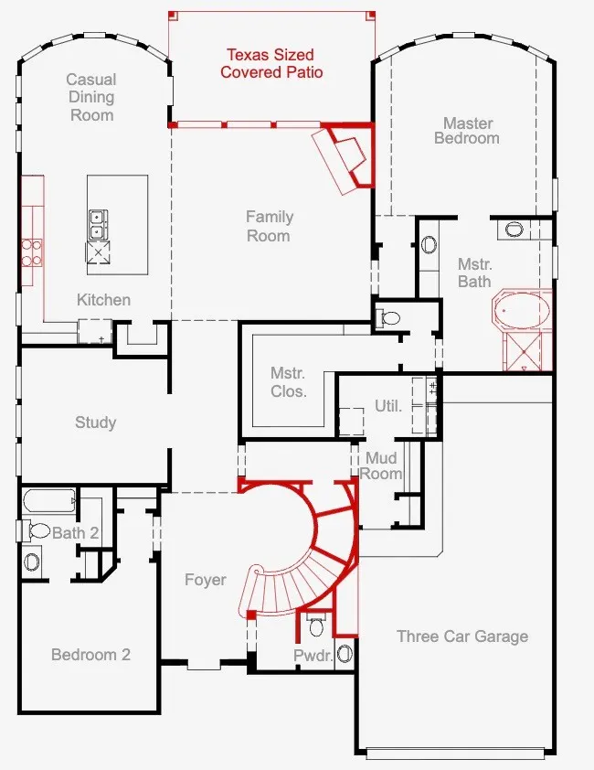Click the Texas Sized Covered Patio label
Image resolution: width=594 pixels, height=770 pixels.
click(271, 63)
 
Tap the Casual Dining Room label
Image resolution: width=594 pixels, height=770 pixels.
click(91, 97)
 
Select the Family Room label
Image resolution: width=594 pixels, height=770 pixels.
click(269, 226)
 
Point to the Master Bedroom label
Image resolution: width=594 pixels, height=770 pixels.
click(466, 131)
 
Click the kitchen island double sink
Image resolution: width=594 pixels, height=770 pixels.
click(98, 224)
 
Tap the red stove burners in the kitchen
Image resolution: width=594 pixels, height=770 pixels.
click(31, 252)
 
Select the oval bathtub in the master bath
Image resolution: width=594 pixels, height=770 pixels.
click(522, 310)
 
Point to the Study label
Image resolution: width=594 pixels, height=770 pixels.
click(95, 422)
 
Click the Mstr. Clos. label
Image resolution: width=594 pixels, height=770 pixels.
click(289, 382)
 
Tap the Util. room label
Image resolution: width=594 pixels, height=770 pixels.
click(387, 406)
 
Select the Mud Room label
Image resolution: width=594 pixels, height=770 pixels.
click(381, 465)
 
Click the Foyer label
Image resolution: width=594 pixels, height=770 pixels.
click(206, 580)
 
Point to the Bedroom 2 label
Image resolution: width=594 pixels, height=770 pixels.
click(90, 654)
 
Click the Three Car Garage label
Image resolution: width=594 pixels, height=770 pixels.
click(462, 636)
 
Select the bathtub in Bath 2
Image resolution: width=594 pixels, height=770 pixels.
click(49, 501)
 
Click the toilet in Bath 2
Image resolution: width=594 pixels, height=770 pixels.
click(36, 530)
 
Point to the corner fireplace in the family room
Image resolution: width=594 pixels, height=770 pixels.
click(346, 157)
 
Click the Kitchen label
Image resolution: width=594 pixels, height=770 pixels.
click(103, 300)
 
